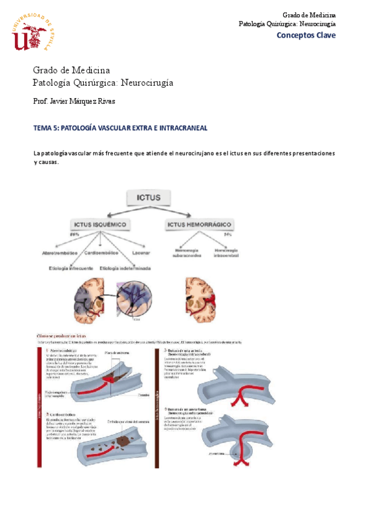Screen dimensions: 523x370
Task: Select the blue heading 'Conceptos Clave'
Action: click(306, 35)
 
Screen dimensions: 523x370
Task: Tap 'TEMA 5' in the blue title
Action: click(46, 128)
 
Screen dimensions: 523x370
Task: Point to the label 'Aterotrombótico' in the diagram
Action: click(60, 253)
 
